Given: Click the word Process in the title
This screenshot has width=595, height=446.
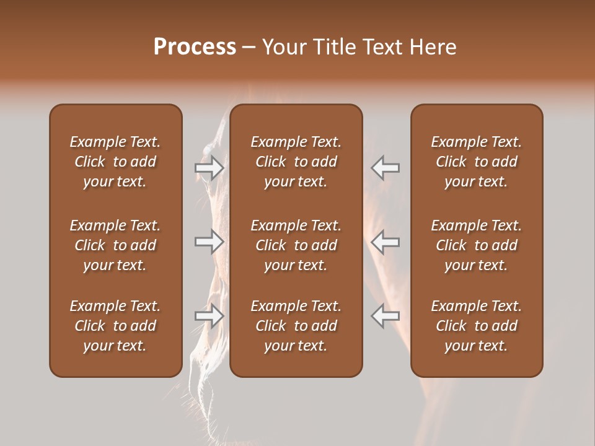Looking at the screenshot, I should [195, 47].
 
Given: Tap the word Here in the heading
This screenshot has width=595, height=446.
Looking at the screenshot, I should [433, 47].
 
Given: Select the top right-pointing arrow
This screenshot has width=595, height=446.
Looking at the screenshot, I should [209, 168].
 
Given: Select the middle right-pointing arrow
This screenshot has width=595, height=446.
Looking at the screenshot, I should [209, 242].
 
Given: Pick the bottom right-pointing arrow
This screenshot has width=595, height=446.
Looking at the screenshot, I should [209, 315].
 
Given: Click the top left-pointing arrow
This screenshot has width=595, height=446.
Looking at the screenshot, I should [385, 168].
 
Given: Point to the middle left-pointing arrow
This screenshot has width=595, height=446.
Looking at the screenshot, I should [385, 242].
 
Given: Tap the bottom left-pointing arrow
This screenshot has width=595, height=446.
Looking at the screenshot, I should [385, 315].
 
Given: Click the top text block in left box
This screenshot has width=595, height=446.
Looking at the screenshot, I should [115, 162].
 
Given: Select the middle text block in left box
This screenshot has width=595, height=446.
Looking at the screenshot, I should [115, 245].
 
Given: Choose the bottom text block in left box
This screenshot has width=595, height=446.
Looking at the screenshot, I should [115, 326].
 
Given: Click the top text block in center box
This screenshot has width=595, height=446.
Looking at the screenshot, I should [296, 162].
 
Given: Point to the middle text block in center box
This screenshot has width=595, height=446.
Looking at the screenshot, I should [296, 245].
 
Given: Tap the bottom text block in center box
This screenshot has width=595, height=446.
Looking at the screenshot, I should [296, 326].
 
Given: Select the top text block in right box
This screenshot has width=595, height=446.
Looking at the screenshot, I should [477, 162].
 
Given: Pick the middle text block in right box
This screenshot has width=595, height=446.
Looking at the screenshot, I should [477, 245].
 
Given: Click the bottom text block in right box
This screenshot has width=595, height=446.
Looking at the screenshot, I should [477, 326].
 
